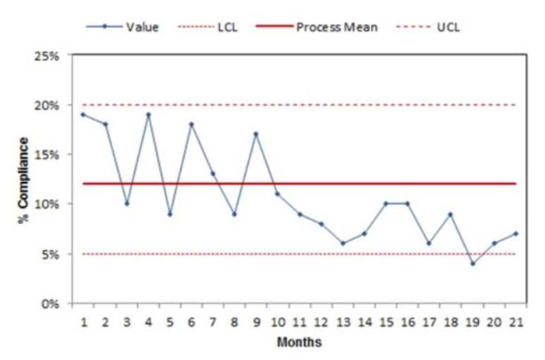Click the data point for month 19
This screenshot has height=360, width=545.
(472, 263)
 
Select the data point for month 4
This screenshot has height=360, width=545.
(148, 114)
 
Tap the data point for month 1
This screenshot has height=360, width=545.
(83, 114)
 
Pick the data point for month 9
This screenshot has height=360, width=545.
(256, 134)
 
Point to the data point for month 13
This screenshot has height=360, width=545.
(343, 244)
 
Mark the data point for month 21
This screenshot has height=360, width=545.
(515, 233)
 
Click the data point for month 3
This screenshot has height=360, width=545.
(126, 204)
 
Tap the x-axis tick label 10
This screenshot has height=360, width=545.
(278, 323)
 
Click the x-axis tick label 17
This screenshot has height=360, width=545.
(429, 323)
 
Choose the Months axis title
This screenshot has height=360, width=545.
(299, 342)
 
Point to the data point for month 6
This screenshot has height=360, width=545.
(191, 124)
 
